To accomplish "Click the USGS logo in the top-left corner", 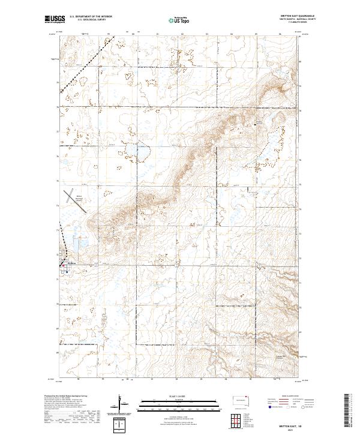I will tap(55, 19).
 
